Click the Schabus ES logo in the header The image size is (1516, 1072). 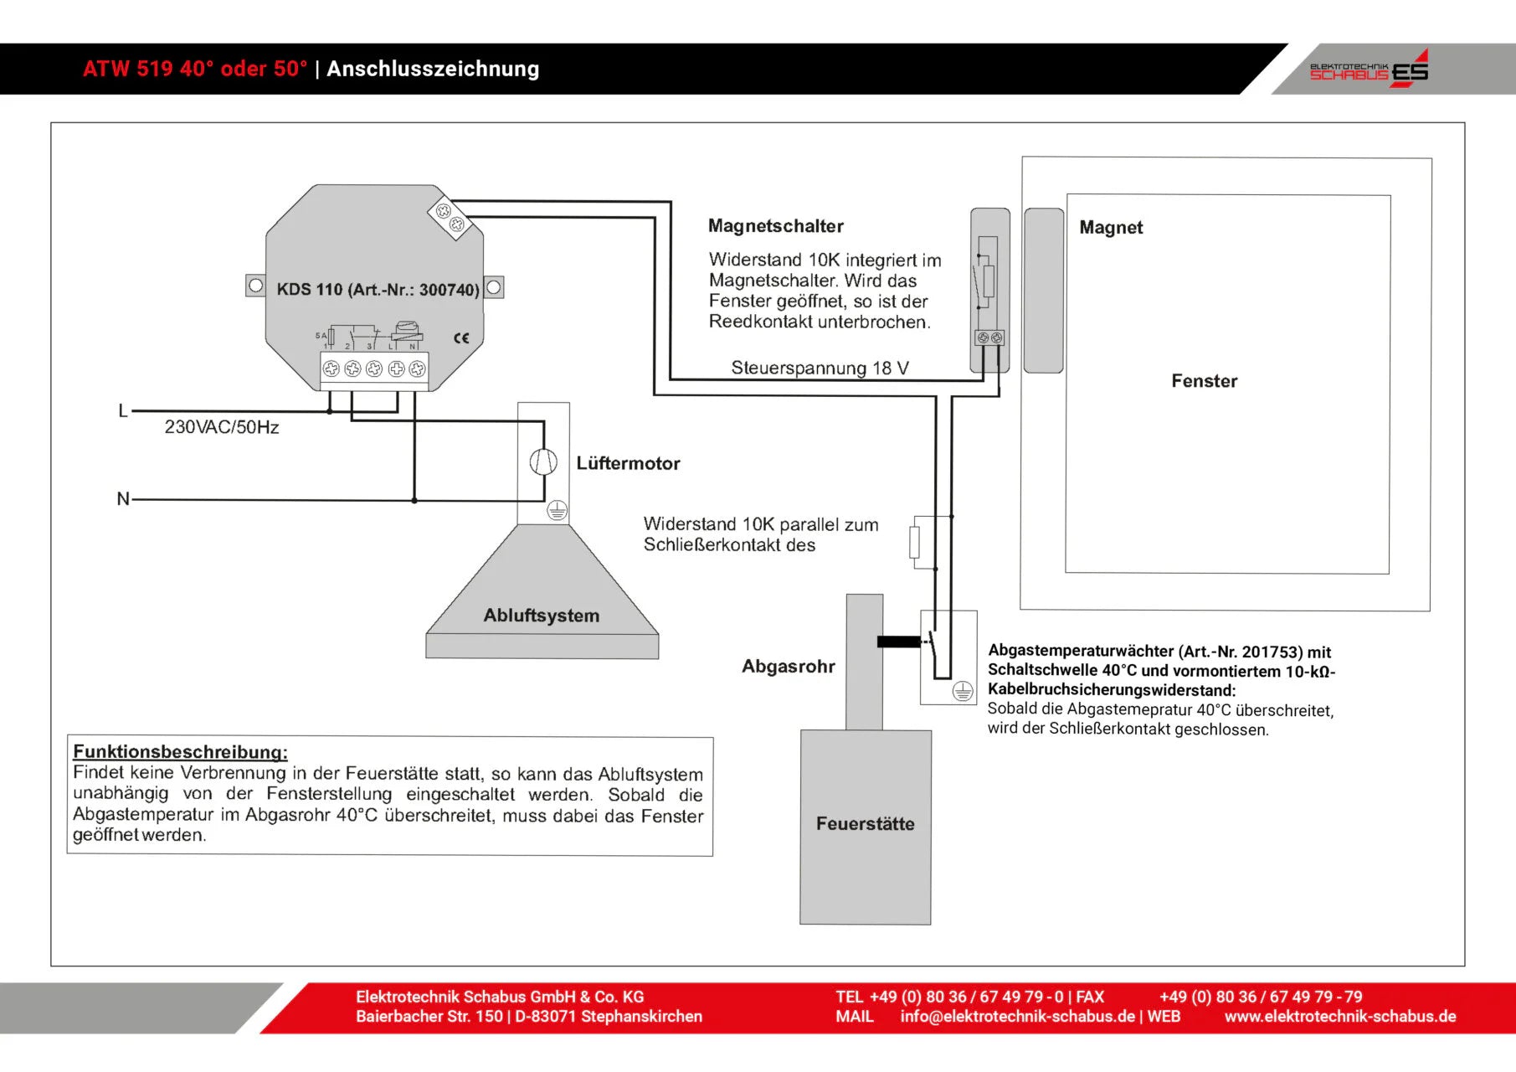pos(1369,69)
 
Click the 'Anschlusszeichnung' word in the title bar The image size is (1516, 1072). pos(433,69)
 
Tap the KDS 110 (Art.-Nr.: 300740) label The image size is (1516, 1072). pos(378,290)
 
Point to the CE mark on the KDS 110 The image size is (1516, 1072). pos(461,338)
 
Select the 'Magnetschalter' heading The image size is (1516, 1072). pos(775,226)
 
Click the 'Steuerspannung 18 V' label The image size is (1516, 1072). pos(820,368)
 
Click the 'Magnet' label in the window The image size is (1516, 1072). pos(1110,228)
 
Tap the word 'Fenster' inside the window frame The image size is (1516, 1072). pos(1204,381)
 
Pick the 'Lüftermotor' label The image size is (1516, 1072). pos(628,463)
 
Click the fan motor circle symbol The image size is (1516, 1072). pos(543,461)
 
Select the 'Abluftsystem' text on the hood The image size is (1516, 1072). pos(542,616)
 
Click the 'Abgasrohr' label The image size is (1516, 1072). pos(788,667)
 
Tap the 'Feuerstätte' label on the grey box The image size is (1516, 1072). pos(865,824)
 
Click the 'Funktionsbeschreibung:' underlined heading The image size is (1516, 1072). pos(180,751)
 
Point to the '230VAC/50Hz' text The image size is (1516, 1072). pos(222,427)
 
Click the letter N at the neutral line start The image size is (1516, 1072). pos(123,499)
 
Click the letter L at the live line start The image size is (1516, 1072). pos(123,411)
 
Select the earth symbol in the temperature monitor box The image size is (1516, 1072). pos(963,691)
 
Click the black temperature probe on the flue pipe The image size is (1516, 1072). pos(898,642)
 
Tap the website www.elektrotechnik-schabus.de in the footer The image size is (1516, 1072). pos(1339,1017)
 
